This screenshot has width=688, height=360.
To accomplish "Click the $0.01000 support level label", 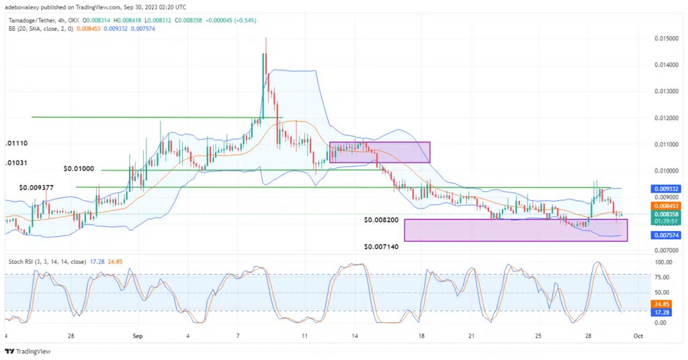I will pyautogui.click(x=79, y=169).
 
